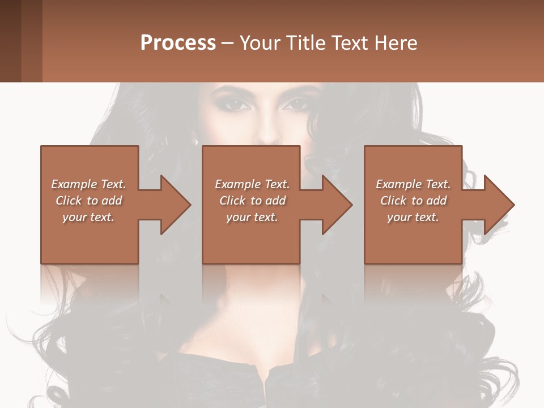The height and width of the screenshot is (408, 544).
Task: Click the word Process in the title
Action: [178, 43]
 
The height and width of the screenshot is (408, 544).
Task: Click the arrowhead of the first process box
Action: [176, 205]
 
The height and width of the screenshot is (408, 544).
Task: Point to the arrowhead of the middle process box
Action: [337, 205]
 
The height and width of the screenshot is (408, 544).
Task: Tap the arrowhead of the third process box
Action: [499, 205]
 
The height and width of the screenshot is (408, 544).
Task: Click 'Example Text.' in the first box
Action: [88, 184]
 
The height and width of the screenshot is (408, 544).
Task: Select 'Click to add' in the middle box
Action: [253, 201]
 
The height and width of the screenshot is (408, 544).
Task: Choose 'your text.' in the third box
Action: [413, 217]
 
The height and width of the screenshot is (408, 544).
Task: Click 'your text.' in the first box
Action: [88, 217]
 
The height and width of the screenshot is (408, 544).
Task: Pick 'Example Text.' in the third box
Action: [413, 184]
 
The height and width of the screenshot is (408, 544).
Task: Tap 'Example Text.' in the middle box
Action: [253, 184]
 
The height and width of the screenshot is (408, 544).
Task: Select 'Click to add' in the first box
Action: [89, 201]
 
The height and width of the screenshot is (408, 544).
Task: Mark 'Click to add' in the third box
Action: [414, 201]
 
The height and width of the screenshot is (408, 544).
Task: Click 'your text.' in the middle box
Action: [252, 217]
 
